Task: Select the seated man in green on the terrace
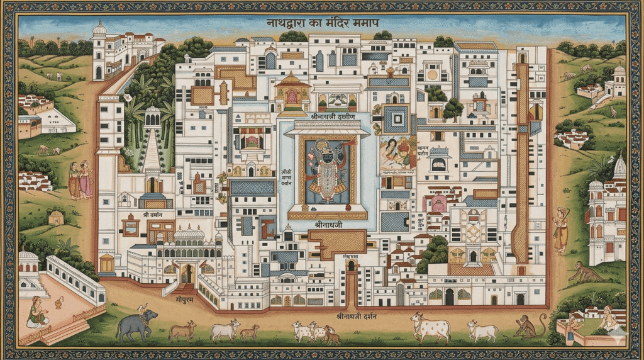pos(38,312)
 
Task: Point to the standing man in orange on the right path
pos(559,230)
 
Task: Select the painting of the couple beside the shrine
pos(397,155)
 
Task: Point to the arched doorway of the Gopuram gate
pos(187,274)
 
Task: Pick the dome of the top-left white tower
pos(99,29)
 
